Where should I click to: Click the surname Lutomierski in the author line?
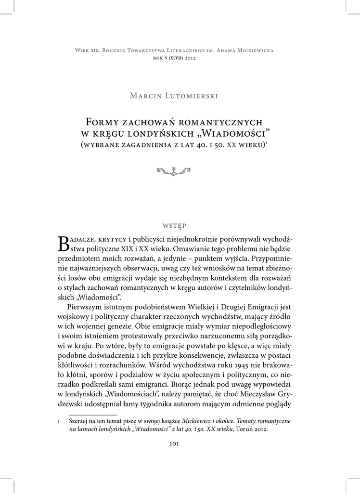[x=194, y=96]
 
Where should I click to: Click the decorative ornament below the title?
[x=174, y=169]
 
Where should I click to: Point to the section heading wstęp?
[x=174, y=225]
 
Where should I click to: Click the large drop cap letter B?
[x=64, y=244]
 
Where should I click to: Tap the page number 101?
[x=174, y=443]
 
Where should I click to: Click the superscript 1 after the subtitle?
[x=267, y=142]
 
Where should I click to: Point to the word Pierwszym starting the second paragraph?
[x=86, y=306]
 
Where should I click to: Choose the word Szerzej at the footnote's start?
[x=79, y=420]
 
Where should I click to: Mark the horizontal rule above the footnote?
[x=93, y=414]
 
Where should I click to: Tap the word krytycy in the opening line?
[x=112, y=239]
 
